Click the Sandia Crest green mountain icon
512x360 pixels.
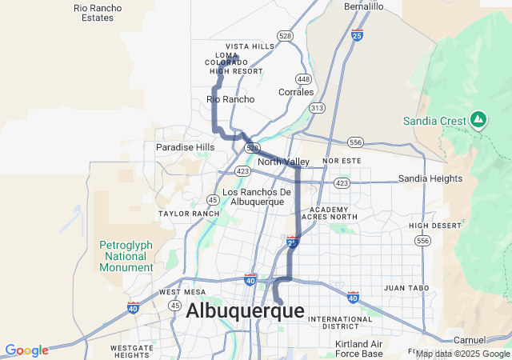(x=478, y=120)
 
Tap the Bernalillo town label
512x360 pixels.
(x=364, y=6)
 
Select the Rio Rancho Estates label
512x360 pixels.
(x=98, y=13)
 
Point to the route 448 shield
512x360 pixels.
(x=303, y=78)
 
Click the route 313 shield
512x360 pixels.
(x=318, y=108)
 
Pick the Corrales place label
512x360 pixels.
(x=296, y=92)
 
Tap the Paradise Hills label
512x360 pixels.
(x=185, y=147)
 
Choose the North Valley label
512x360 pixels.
(x=284, y=162)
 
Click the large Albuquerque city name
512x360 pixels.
(x=245, y=311)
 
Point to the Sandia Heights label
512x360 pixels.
(x=430, y=178)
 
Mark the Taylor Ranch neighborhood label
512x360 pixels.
(x=189, y=214)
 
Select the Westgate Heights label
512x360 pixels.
(x=132, y=351)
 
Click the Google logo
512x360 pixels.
(x=26, y=350)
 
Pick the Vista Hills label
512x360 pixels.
(x=250, y=46)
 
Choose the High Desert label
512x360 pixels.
(x=435, y=226)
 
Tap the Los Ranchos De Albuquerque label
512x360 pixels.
(x=257, y=197)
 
